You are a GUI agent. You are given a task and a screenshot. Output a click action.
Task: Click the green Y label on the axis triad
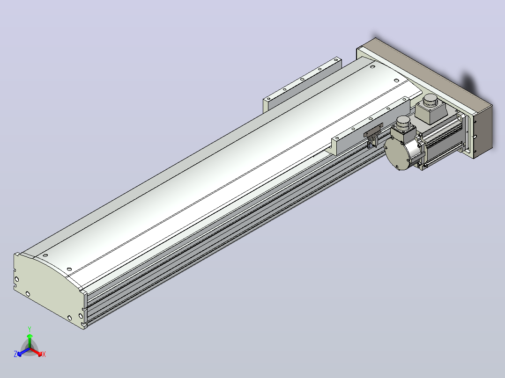pyautogui.click(x=30, y=329)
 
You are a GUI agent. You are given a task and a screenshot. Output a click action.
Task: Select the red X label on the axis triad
pyautogui.click(x=44, y=354)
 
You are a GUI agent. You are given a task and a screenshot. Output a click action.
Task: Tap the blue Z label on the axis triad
pyautogui.click(x=15, y=354)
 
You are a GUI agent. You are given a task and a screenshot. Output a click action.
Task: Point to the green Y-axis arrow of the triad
pyautogui.click(x=30, y=341)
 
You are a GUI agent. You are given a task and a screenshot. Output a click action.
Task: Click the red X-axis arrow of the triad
pyautogui.click(x=36, y=352)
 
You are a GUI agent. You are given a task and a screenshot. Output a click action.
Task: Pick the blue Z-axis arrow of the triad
pyautogui.click(x=23, y=352)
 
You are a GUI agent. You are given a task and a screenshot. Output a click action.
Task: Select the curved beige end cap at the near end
pyautogui.click(x=48, y=290)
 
